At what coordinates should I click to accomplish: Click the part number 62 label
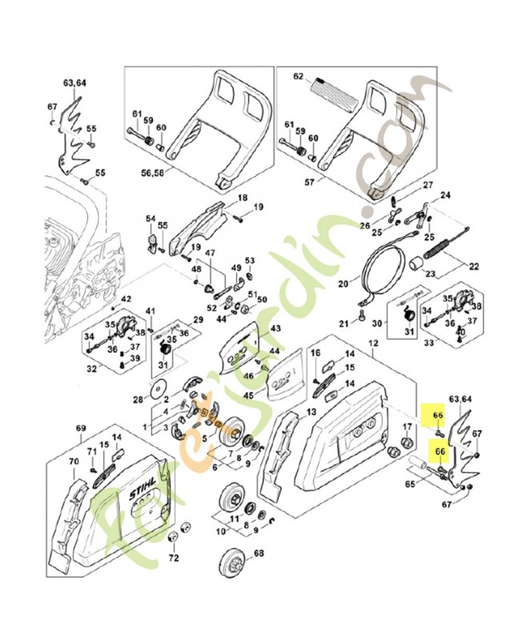click(299, 78)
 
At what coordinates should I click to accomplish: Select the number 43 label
click(275, 329)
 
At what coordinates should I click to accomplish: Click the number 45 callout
click(249, 394)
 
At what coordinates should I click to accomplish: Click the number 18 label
click(242, 198)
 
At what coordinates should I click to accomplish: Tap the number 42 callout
click(126, 299)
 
